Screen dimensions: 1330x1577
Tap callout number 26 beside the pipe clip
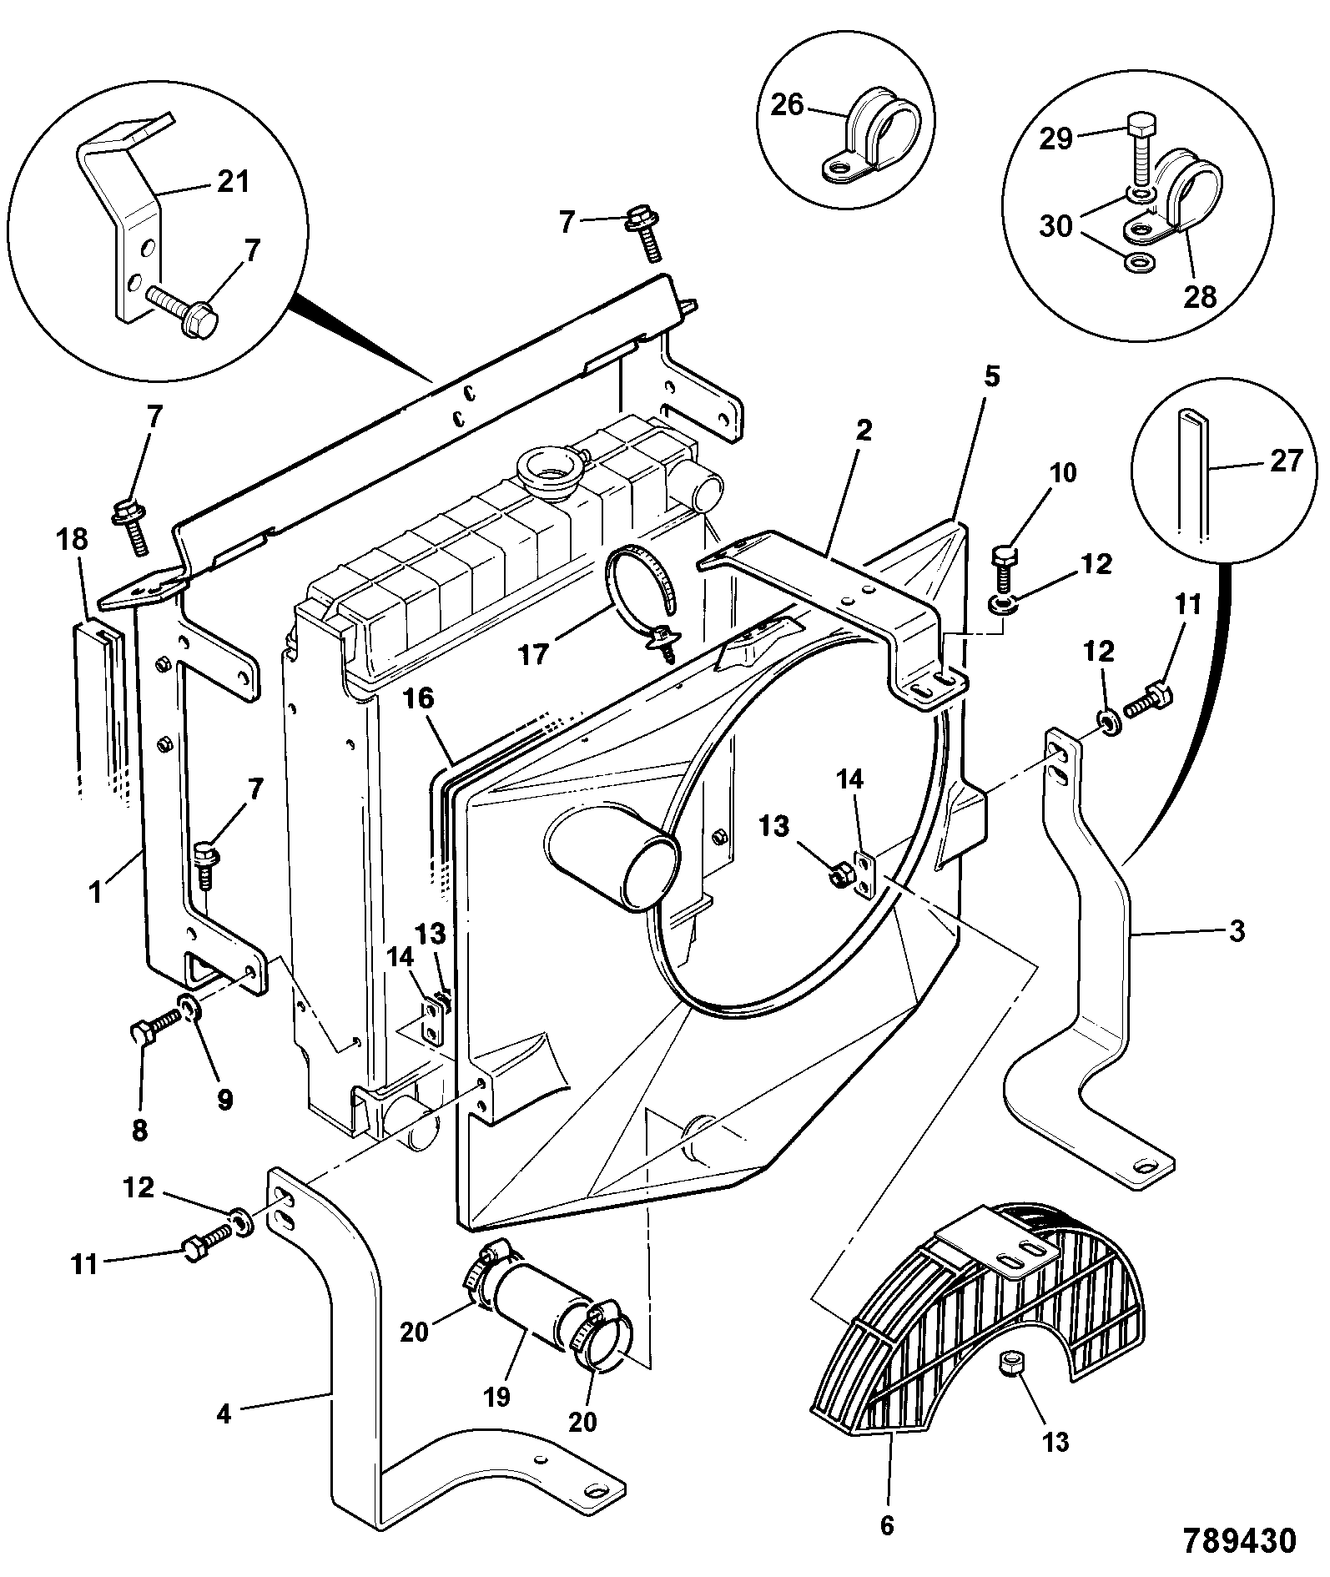tap(787, 105)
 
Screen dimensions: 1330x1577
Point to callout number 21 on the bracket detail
tap(233, 181)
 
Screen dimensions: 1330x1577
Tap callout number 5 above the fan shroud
tap(990, 377)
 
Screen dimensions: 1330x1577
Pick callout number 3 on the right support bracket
tap(1237, 930)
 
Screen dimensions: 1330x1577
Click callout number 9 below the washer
tap(225, 1099)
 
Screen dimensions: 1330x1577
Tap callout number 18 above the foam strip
tap(73, 539)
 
